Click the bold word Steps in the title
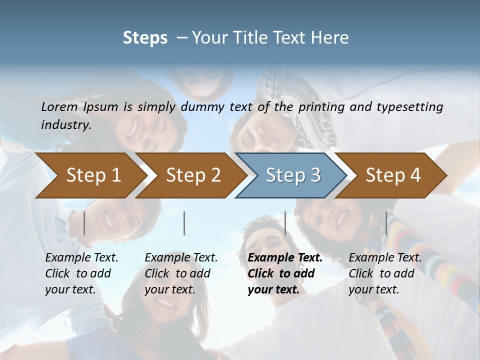pyautogui.click(x=145, y=38)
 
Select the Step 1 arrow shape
pyautogui.click(x=90, y=175)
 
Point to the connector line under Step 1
pyautogui.click(x=84, y=223)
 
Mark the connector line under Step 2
pyautogui.click(x=184, y=223)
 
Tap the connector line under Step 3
pyautogui.click(x=285, y=223)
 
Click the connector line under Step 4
pyautogui.click(x=386, y=223)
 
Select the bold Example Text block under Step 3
pyautogui.click(x=285, y=273)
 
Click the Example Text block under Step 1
pyautogui.click(x=81, y=273)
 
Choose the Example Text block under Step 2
pyautogui.click(x=181, y=273)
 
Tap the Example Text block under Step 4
pyautogui.click(x=385, y=273)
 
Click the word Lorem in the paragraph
pyautogui.click(x=59, y=107)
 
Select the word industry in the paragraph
pyautogui.click(x=65, y=125)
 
